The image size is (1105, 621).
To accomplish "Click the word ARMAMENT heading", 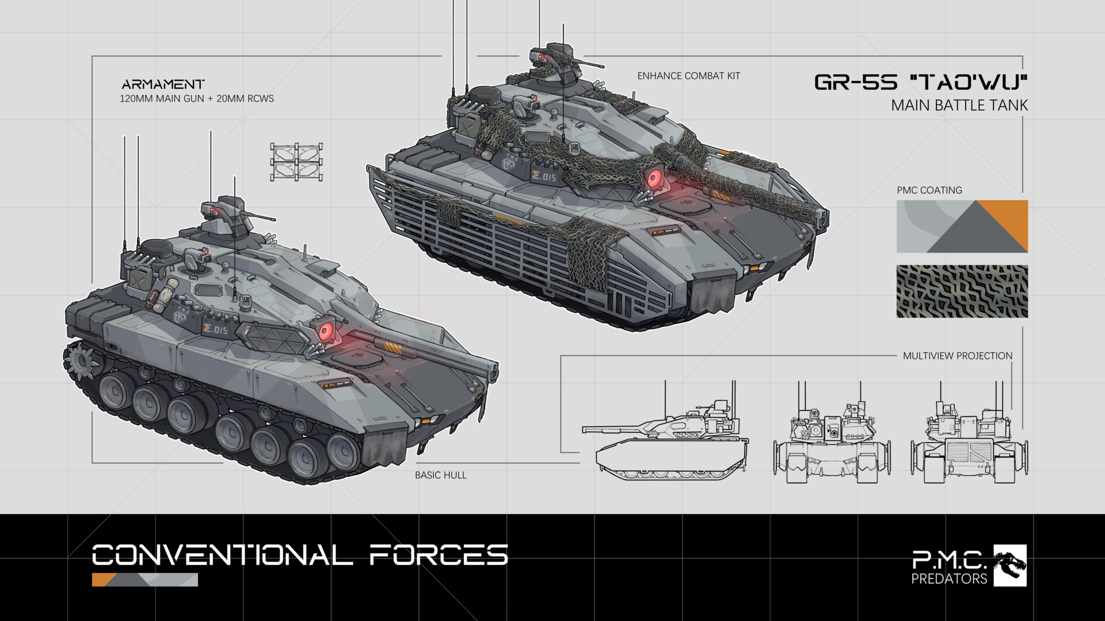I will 163,84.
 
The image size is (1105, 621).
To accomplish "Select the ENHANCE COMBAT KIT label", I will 688,76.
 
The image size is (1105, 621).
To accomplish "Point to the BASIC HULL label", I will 440,475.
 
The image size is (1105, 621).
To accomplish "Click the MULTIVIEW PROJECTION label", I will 957,356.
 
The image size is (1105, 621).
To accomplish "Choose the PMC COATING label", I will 929,190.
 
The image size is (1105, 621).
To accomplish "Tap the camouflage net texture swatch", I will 962,291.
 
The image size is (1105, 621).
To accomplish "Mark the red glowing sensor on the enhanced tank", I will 654,179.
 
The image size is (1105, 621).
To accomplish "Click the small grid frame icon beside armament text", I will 296,163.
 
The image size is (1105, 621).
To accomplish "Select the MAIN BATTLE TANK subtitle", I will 959,106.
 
